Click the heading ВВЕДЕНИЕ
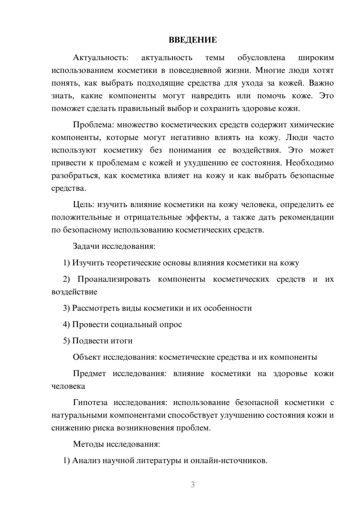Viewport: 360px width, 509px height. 193,40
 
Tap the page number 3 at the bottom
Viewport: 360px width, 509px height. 193,485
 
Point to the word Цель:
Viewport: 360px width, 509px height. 84,205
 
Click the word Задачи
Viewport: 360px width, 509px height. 86,247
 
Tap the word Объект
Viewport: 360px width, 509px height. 87,357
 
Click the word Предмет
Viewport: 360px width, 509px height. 89,374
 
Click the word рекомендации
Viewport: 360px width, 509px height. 309,217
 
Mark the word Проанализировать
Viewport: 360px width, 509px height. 114,279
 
